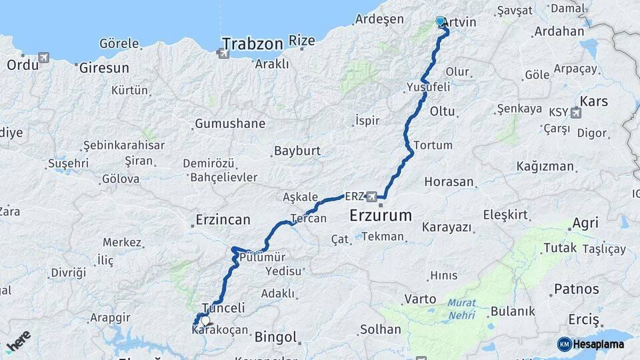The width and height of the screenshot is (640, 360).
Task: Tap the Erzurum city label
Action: pos(381,215)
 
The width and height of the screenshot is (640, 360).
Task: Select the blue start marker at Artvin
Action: pos(440,21)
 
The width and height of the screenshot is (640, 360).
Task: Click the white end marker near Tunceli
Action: pos(205,320)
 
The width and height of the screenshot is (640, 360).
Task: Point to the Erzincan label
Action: pos(223,219)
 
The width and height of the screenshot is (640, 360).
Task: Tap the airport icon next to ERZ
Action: pos(372,197)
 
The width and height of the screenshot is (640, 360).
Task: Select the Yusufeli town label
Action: pos(428,87)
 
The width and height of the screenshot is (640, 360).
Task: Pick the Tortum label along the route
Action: pos(427,145)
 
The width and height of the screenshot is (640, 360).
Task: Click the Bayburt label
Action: pos(297,151)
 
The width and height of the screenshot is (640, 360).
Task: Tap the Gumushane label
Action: pos(230,123)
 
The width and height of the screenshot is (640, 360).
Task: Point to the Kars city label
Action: pos(595,101)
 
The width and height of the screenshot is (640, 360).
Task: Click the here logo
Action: pos(18,341)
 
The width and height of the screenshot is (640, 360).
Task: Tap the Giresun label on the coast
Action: pos(103,68)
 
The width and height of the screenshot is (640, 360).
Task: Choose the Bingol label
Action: pos(275,337)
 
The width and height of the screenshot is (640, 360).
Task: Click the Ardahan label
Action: pos(559,31)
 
